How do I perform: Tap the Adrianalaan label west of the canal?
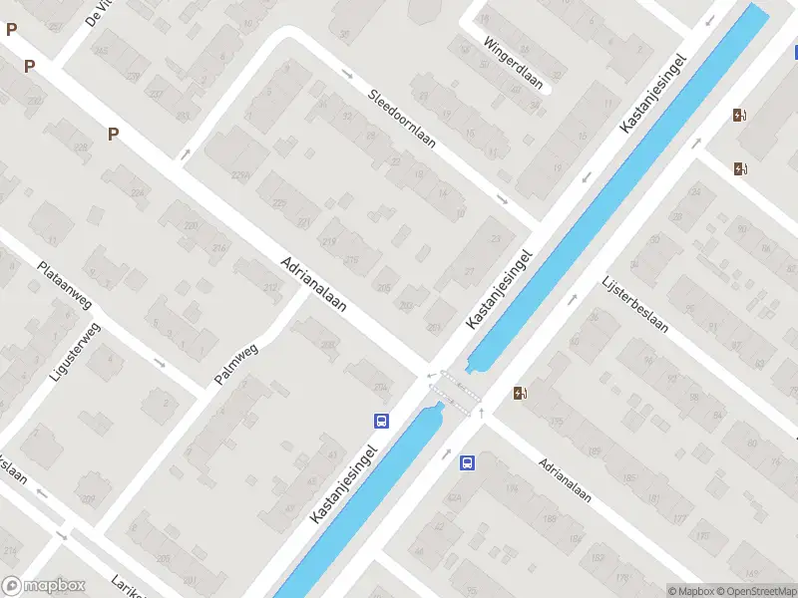pos(313,284)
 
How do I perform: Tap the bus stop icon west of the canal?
pos(381,421)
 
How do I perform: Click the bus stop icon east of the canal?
pos(467,462)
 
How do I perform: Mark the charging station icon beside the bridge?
pos(519,394)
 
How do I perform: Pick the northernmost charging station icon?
pos(739,115)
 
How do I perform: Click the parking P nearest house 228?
pos(114,134)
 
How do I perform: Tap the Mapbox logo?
pos(44,586)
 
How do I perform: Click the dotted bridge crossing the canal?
pos(454,391)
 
